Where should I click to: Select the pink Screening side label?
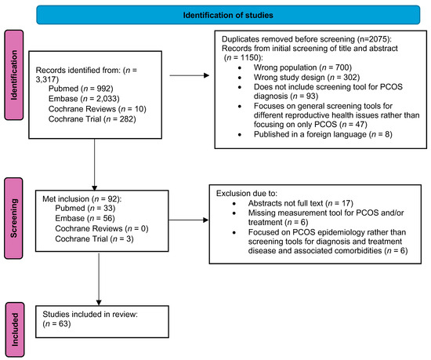(x=13, y=224)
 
